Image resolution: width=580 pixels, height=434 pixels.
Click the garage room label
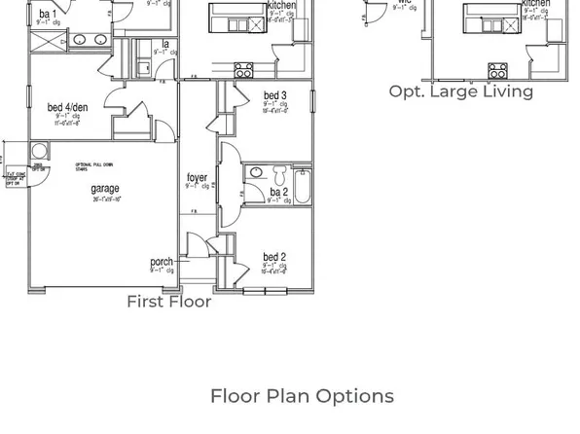pyautogui.click(x=106, y=189)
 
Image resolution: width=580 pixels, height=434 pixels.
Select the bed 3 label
pyautogui.click(x=274, y=95)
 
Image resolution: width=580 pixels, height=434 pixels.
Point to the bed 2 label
pyautogui.click(x=274, y=258)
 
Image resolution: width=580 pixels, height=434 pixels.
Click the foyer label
pyautogui.click(x=197, y=178)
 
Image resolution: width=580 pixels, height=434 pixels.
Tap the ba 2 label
pyautogui.click(x=278, y=193)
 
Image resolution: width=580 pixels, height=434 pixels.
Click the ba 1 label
pyautogui.click(x=48, y=15)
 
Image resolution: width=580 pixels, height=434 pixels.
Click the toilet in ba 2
pyautogui.click(x=280, y=175)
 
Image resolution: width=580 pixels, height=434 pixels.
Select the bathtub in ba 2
pyautogui.click(x=302, y=185)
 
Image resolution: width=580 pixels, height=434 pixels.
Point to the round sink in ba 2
pyautogui.click(x=256, y=172)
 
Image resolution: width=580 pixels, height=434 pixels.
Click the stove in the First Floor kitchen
pyautogui.click(x=244, y=69)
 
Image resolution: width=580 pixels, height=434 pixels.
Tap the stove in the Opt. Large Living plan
pyautogui.click(x=496, y=69)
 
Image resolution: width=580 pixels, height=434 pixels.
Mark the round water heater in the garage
pyautogui.click(x=40, y=151)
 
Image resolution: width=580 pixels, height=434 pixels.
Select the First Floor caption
pyautogui.click(x=169, y=302)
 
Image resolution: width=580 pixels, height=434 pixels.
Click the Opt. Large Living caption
pyautogui.click(x=461, y=91)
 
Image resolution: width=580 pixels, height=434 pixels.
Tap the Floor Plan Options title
pyautogui.click(x=302, y=396)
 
